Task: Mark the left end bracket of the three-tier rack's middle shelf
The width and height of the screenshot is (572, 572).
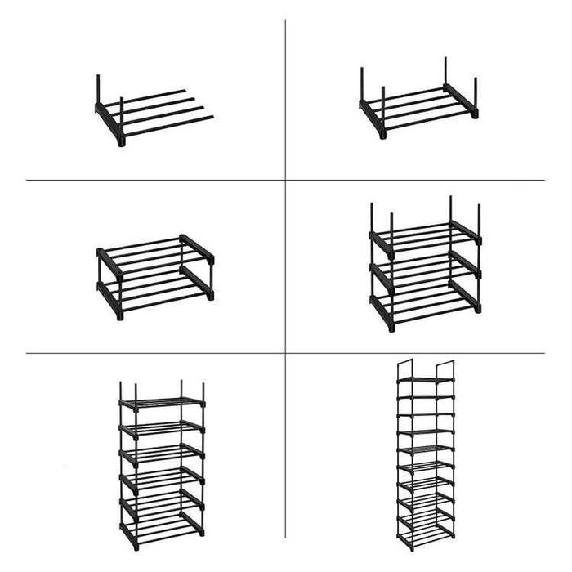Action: tap(380, 275)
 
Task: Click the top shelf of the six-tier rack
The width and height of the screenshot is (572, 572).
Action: tap(161, 402)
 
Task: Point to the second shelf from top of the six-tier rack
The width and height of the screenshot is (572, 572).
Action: tap(161, 427)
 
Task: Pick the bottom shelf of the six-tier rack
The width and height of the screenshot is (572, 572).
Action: tap(161, 525)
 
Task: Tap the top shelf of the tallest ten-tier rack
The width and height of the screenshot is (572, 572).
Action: tap(425, 380)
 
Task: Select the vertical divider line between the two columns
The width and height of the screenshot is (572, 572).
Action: tap(285, 270)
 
